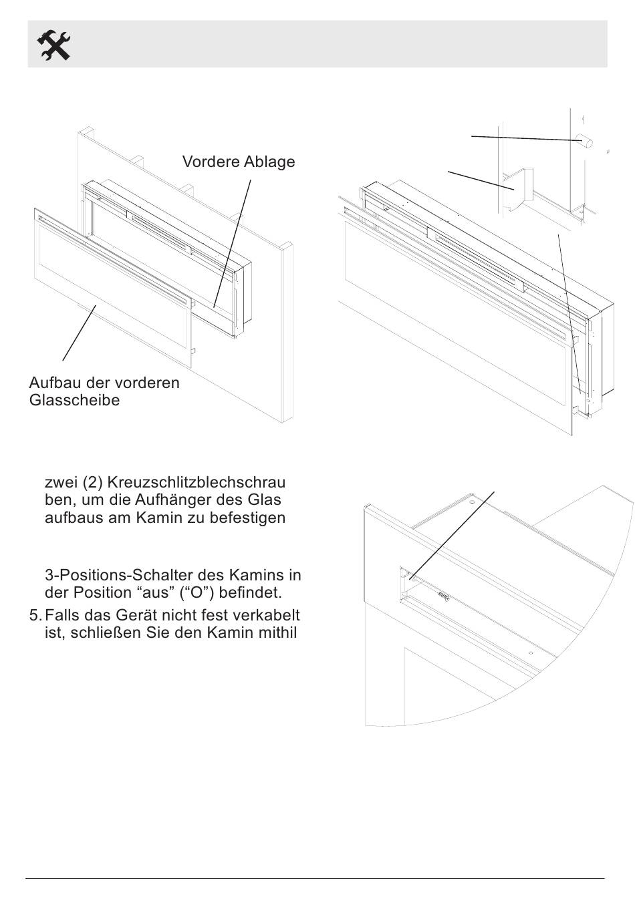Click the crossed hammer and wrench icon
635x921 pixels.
pos(53,45)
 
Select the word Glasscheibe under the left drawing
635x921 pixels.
pos(74,400)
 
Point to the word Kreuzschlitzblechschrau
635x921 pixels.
pos(197,482)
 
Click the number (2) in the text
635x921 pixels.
pos(92,482)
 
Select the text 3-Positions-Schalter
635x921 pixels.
pos(134,574)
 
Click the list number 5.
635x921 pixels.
pos(35,615)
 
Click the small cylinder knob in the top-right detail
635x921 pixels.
pos(585,141)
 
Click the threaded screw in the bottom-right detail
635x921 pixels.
pos(443,596)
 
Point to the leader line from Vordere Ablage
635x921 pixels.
pos(232,243)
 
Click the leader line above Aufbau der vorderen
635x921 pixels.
pos(80,333)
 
